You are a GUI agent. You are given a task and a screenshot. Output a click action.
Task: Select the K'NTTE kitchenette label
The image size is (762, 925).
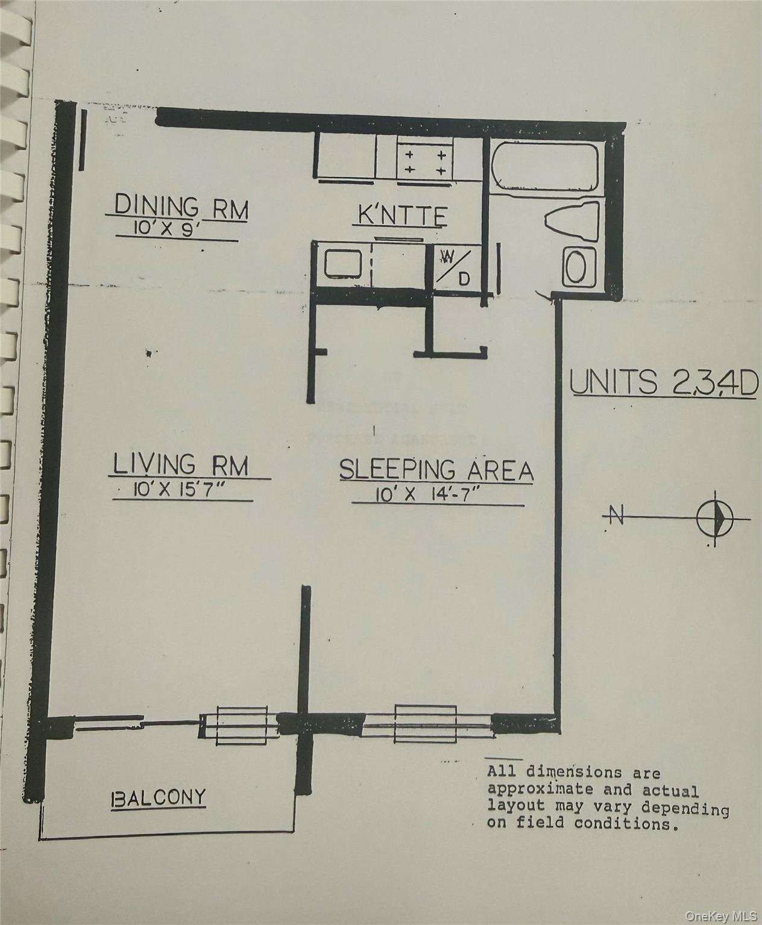[x=402, y=215]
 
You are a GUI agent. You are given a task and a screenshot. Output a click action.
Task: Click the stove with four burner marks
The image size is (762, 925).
[x=424, y=161]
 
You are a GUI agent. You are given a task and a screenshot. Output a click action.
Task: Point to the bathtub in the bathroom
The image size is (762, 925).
[x=543, y=167]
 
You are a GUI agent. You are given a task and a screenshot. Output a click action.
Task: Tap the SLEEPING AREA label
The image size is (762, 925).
[x=436, y=470]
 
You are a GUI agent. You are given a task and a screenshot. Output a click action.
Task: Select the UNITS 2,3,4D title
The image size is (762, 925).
[x=664, y=383]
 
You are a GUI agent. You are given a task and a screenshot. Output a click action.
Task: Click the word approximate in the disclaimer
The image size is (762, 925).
[x=531, y=790]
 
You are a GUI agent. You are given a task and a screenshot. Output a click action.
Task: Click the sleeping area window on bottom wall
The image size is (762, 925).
[x=426, y=720]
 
